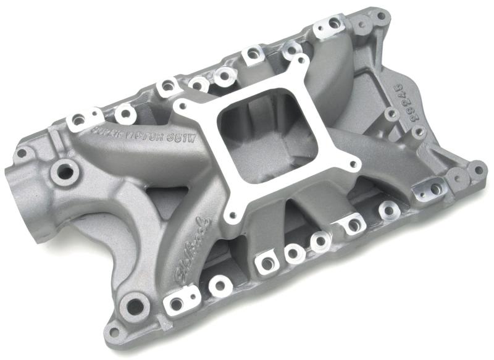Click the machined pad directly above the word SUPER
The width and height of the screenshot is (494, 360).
click(80, 117)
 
